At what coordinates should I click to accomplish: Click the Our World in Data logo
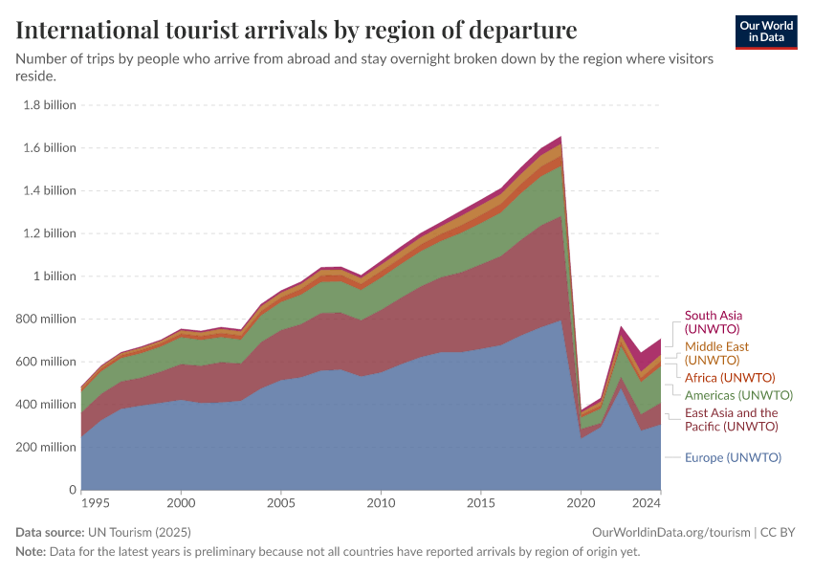pyautogui.click(x=765, y=32)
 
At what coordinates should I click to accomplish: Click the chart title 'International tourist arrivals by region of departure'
pyautogui.click(x=297, y=30)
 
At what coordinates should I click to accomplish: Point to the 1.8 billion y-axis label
pyautogui.click(x=49, y=105)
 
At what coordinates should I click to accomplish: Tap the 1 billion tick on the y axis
pyautogui.click(x=55, y=276)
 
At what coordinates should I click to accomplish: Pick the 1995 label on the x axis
pyautogui.click(x=94, y=502)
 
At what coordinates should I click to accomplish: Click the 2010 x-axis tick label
pyautogui.click(x=381, y=502)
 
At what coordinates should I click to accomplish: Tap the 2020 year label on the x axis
pyautogui.click(x=581, y=502)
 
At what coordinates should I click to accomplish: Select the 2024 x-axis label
pyautogui.click(x=647, y=502)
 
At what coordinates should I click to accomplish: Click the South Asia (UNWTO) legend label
pyautogui.click(x=714, y=321)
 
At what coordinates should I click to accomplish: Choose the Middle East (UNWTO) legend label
pyautogui.click(x=716, y=353)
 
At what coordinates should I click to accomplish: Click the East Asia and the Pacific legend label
pyautogui.click(x=731, y=419)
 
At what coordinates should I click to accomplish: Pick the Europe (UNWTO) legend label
pyautogui.click(x=733, y=457)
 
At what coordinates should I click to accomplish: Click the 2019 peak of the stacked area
pyautogui.click(x=560, y=138)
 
